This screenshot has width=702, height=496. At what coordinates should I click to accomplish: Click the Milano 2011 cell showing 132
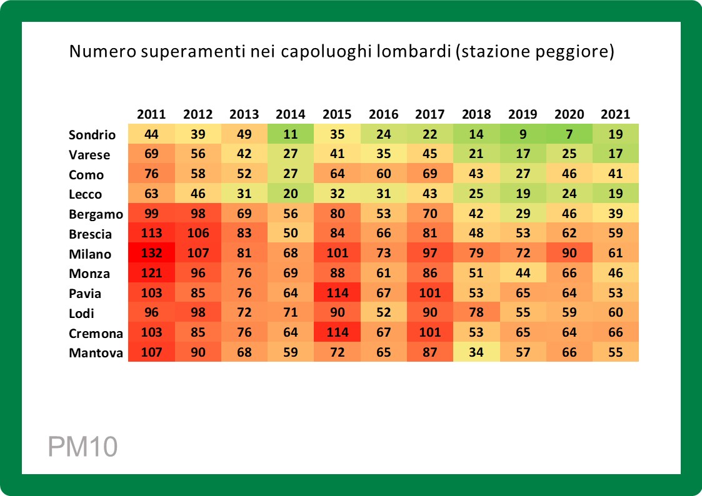[x=151, y=254]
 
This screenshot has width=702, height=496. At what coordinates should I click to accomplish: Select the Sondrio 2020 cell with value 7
[x=569, y=135]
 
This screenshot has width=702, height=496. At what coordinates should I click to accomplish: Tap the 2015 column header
[x=337, y=114]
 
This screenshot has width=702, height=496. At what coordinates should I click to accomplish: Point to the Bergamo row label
[x=96, y=214]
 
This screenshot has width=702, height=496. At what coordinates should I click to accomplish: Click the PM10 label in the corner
[x=83, y=447]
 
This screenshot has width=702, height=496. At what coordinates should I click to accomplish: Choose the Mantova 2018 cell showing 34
[x=476, y=353]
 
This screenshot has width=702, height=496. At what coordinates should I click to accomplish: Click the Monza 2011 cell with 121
[x=151, y=274]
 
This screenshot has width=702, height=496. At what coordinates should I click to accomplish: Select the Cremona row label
[x=95, y=334]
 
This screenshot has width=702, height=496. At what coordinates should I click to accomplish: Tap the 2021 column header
[x=615, y=114]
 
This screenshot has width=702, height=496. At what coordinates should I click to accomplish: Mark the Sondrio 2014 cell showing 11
[x=291, y=135]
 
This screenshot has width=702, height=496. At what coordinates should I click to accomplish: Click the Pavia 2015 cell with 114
[x=337, y=294]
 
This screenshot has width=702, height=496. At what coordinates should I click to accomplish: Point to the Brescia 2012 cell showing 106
[x=198, y=234]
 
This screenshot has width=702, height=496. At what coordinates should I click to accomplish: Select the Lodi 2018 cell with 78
[x=476, y=314]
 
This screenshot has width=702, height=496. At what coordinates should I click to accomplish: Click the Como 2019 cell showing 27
[x=523, y=174]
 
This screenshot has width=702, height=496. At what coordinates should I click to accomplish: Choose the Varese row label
[x=89, y=154]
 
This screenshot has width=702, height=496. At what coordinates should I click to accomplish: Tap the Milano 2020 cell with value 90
[x=569, y=254]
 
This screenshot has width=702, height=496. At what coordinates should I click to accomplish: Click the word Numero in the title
[x=101, y=52]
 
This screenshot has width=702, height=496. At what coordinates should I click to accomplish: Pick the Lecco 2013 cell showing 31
[x=244, y=194]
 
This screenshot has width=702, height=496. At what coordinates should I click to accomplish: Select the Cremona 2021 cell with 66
[x=615, y=334]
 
